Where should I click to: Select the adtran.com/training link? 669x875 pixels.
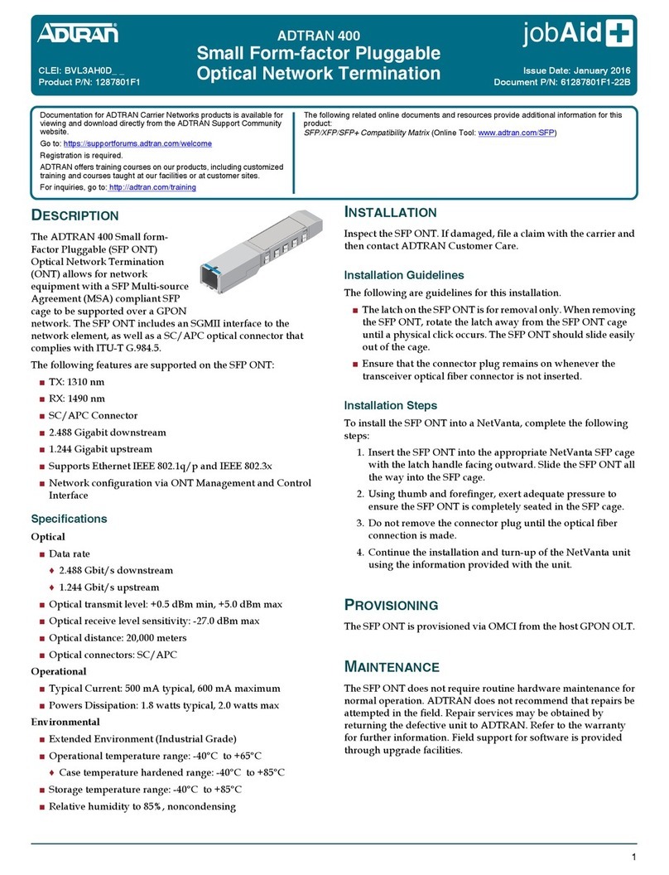coord(152,187)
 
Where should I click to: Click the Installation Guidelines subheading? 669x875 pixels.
coord(403,275)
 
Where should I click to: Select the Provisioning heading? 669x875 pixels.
coord(391,605)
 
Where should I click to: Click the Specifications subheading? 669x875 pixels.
coord(69,519)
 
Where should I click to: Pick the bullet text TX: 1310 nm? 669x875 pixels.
coord(77,382)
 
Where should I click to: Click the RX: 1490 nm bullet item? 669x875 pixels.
coord(77,399)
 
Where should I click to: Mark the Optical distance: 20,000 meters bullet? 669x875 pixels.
coord(118,637)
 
